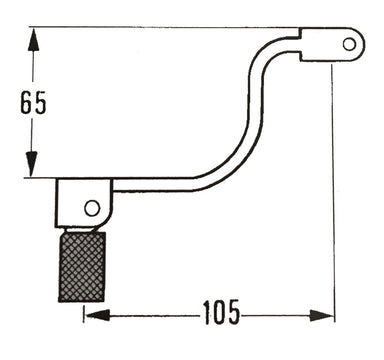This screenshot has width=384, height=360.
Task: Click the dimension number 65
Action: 32,104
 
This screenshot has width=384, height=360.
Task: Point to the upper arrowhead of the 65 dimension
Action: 32,35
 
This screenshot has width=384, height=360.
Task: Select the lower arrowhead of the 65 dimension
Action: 32,170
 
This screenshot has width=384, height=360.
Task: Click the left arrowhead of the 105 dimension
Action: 92,314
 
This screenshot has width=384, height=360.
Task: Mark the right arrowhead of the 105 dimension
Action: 326,314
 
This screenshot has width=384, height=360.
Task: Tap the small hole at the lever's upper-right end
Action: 347,43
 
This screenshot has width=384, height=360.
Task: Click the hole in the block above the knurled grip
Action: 92,207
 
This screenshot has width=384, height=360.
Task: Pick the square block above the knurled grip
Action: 84,203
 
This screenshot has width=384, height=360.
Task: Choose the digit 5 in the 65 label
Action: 42,104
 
